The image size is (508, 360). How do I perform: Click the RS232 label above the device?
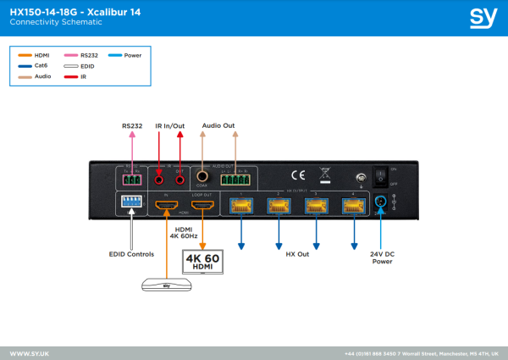coord(131,125)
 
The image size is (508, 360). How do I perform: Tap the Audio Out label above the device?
coord(218,125)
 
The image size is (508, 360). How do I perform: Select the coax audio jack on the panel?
coord(202,175)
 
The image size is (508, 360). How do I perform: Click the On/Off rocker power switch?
coord(380,175)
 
